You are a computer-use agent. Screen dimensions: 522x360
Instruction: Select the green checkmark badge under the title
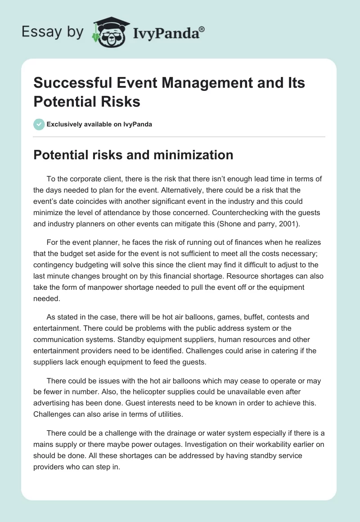coord(39,124)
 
